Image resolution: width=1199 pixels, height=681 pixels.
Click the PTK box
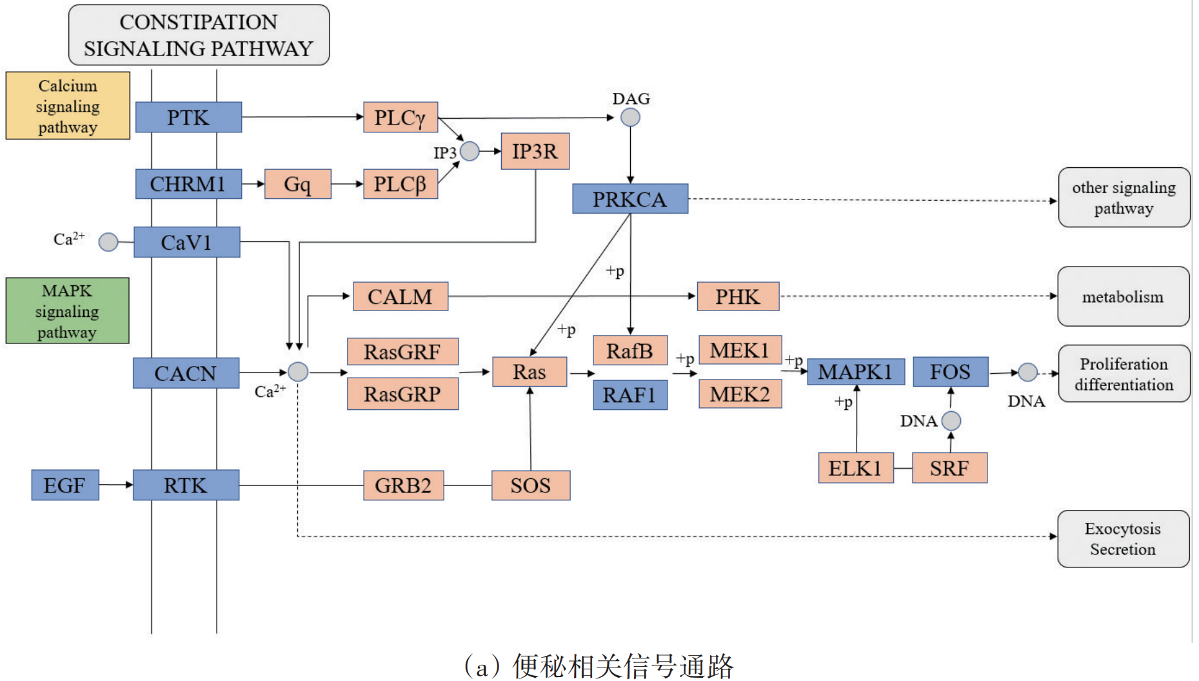[188, 117]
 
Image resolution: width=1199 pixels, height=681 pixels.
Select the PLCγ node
[400, 117]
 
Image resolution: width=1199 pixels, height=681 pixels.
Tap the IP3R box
[535, 151]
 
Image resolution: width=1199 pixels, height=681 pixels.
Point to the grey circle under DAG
[630, 117]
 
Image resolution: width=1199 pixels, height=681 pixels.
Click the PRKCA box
[629, 199]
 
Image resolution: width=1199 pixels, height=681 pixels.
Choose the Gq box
[297, 184]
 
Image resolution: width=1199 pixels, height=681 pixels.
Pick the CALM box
[400, 296]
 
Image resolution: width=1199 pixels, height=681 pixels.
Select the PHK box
[738, 296]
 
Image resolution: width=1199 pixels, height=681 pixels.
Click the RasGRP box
[402, 394]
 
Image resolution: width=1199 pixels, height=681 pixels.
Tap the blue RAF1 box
[629, 395]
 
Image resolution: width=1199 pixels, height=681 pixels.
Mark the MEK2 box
[740, 394]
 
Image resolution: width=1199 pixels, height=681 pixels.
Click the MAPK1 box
[855, 372]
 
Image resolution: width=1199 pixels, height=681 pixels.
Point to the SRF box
[949, 468]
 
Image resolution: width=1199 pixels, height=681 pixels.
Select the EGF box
[64, 485]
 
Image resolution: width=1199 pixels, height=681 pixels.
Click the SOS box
[530, 485]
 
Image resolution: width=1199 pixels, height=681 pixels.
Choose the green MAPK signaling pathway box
[67, 310]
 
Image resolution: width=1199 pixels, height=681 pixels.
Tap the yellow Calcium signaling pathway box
[68, 106]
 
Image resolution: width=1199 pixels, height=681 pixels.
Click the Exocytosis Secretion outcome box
[1123, 539]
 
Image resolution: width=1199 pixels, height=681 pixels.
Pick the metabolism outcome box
[1123, 296]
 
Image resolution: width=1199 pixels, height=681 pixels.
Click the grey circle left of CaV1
[108, 242]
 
